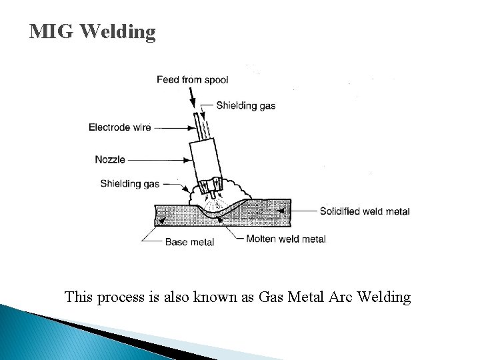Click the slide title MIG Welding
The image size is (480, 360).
pyautogui.click(x=93, y=31)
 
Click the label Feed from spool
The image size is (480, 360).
pyautogui.click(x=192, y=80)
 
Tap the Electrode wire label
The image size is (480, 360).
pyautogui.click(x=120, y=127)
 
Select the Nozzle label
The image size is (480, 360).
pyautogui.click(x=110, y=160)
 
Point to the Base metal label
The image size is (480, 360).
pyautogui.click(x=189, y=242)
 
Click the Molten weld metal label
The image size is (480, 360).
pyautogui.click(x=286, y=239)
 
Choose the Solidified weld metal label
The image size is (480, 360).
pyautogui.click(x=365, y=211)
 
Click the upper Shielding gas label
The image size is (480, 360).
pyautogui.click(x=245, y=105)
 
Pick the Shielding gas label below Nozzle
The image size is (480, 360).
pyautogui.click(x=130, y=183)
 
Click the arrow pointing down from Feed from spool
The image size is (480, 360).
pyautogui.click(x=193, y=97)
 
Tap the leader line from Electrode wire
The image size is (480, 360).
pyautogui.click(x=173, y=127)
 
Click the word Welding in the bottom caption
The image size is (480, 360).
pyautogui.click(x=384, y=297)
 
